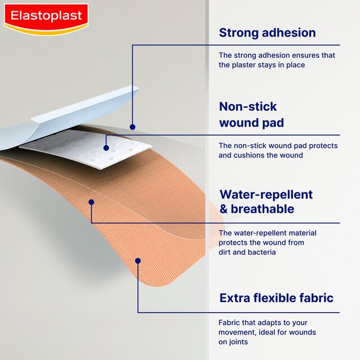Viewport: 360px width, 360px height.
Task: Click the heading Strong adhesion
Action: [267, 33]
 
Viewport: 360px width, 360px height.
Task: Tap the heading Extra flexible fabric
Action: [276, 298]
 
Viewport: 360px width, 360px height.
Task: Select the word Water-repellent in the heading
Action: [266, 195]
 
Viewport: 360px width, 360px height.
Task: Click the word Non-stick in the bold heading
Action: [248, 106]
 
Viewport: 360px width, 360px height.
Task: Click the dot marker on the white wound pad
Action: [106, 148]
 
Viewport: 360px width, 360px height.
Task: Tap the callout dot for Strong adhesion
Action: [132, 127]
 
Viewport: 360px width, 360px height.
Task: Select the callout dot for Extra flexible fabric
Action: [138, 260]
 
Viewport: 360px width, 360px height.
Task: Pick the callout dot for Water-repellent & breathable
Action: [91, 201]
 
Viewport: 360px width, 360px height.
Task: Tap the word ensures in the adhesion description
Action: [296, 55]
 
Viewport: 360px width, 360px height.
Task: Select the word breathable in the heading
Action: [264, 209]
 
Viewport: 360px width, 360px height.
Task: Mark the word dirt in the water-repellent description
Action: [226, 253]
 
